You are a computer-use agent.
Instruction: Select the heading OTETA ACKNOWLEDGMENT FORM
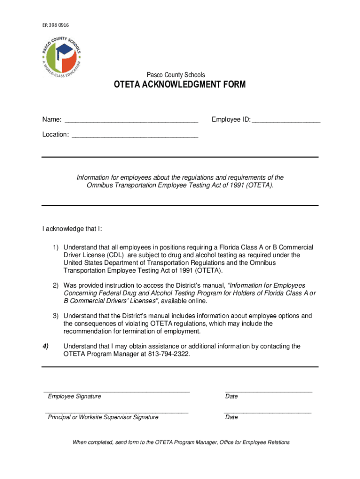180,85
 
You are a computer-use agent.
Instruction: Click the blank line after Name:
131,120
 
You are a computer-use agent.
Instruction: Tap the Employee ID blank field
286,120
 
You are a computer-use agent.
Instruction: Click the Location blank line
135,135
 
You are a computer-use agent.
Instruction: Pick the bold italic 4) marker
45,346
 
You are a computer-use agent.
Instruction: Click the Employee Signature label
74,396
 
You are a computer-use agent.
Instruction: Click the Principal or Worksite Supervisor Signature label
103,417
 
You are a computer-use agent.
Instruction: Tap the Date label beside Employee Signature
231,396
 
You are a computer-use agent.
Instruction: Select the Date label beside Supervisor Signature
231,417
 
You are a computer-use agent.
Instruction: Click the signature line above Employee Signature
117,391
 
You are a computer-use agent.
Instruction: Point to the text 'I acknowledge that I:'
72,229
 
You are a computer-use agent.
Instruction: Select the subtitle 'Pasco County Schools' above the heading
176,75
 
